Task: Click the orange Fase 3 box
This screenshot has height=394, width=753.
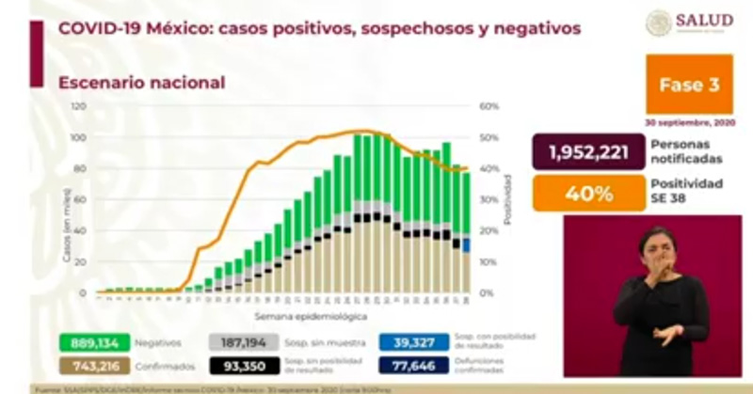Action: [x=689, y=85]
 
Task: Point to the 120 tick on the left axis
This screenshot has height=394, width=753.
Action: [x=79, y=106]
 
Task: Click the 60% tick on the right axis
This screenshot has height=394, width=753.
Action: [x=489, y=106]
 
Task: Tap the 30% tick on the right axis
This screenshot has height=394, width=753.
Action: [x=489, y=199]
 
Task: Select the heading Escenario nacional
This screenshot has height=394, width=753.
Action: [x=141, y=83]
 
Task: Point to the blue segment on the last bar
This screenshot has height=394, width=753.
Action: [x=467, y=245]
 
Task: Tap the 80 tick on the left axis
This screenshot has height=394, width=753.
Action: [x=81, y=168]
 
